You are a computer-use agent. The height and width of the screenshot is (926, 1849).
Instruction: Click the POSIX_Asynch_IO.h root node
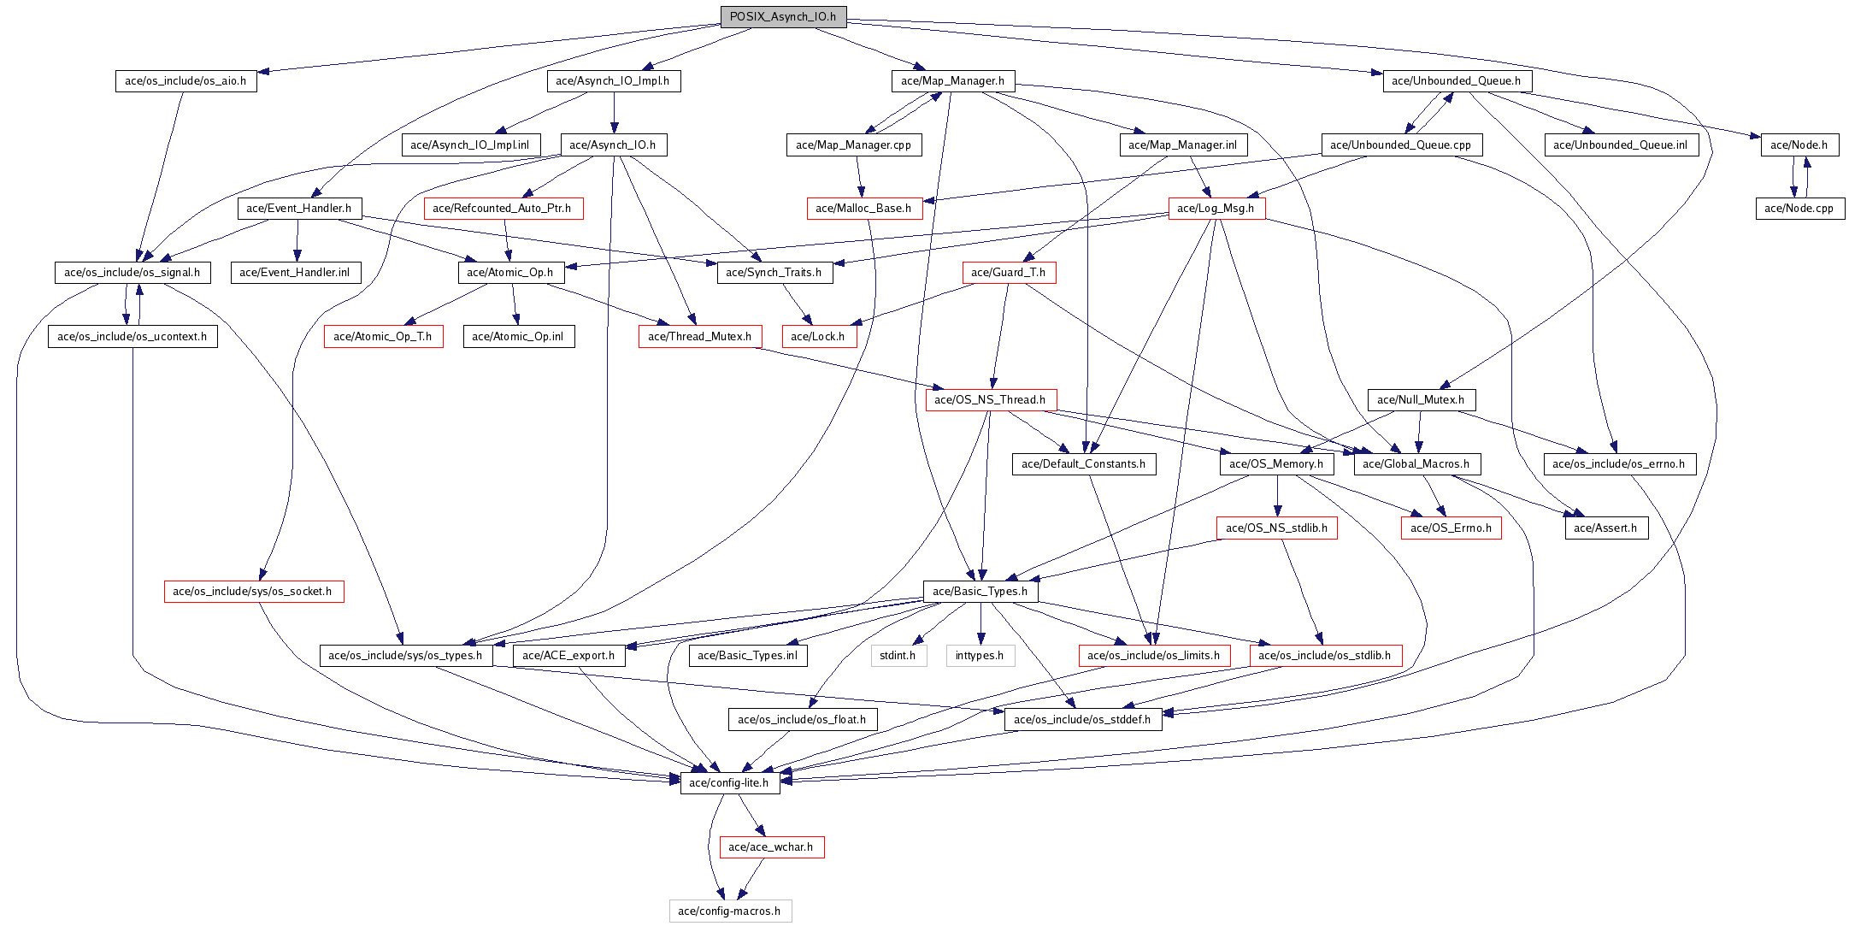coord(783,16)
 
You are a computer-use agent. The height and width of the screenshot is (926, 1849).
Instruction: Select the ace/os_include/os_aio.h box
coord(185,81)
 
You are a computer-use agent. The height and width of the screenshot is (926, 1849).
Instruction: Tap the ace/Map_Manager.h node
coord(952,81)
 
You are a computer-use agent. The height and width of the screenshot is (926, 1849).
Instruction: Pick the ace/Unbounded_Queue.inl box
coord(1620,145)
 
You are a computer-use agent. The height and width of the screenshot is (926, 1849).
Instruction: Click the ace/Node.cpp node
coord(1799,209)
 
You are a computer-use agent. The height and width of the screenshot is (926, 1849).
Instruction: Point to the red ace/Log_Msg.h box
coord(1216,209)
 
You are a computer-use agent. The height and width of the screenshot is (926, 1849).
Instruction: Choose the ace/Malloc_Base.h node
coord(863,209)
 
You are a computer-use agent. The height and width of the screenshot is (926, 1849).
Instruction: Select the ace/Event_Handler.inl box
coord(295,273)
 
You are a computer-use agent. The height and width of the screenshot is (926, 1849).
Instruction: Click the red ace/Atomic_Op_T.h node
coord(383,337)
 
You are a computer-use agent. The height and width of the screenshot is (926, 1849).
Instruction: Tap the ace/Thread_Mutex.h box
coord(699,337)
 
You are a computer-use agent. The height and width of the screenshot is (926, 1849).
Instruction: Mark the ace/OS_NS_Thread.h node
coord(990,400)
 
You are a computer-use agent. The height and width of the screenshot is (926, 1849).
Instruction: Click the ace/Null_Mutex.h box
coord(1421,400)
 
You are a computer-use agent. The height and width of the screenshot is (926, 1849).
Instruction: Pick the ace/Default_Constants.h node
coord(1083,464)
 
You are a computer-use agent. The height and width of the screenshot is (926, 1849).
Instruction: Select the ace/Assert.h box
coord(1605,528)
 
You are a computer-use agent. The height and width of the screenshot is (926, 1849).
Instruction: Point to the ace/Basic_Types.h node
coord(980,592)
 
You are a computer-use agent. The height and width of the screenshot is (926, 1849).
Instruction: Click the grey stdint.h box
coord(898,656)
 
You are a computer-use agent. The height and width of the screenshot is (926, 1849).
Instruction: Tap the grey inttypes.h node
coord(980,656)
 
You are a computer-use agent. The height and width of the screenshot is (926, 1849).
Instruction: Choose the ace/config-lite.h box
coord(729,783)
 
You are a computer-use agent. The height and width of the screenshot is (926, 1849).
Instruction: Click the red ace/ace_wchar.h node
coord(771,847)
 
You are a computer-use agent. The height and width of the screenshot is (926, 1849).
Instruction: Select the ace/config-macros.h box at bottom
coord(729,911)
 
